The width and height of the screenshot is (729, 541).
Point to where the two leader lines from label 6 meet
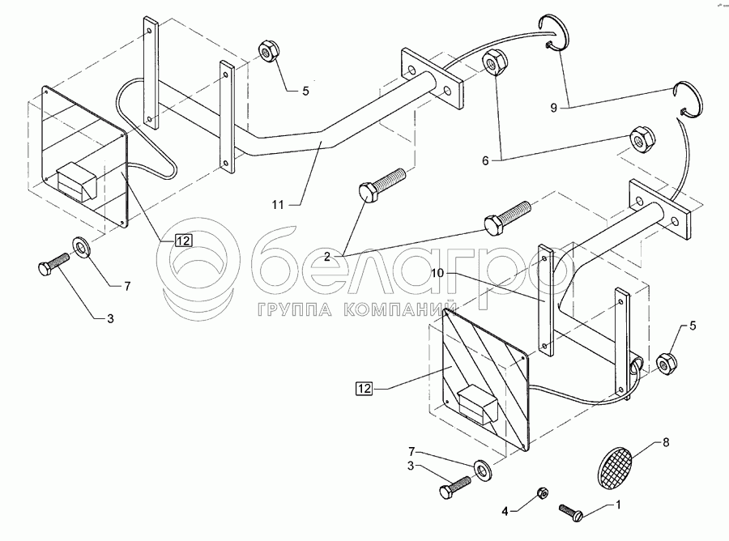point(501,160)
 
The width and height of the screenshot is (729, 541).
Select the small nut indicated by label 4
point(542,492)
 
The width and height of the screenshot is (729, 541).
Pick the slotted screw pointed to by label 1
point(571,513)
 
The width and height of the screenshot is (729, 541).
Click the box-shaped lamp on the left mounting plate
point(75,182)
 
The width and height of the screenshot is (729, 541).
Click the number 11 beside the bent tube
point(278,205)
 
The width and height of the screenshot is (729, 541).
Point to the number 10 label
point(437,273)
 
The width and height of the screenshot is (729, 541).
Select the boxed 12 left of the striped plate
point(364,388)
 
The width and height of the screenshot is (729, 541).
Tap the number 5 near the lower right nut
point(693,326)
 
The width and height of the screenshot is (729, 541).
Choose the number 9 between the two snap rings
point(554,108)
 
